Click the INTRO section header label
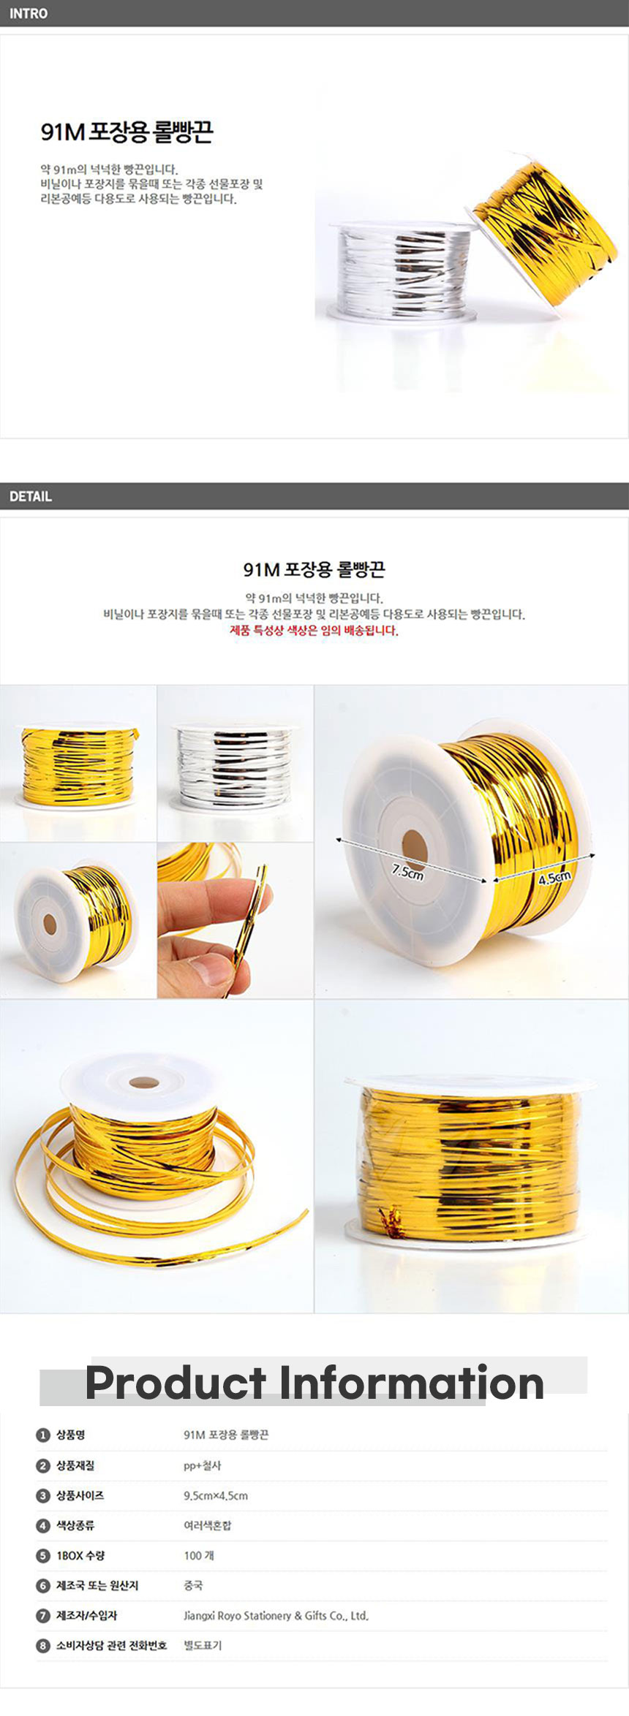pyautogui.click(x=29, y=13)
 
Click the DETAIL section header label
pyautogui.click(x=31, y=496)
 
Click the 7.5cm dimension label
pyautogui.click(x=407, y=872)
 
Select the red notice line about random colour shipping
pyautogui.click(x=314, y=631)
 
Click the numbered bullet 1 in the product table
pyautogui.click(x=43, y=1435)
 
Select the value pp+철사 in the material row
pyautogui.click(x=202, y=1466)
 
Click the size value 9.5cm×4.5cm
pyautogui.click(x=216, y=1496)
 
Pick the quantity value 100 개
pyautogui.click(x=199, y=1555)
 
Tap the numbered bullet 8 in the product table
pyautogui.click(x=43, y=1646)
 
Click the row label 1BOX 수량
pyautogui.click(x=80, y=1555)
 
